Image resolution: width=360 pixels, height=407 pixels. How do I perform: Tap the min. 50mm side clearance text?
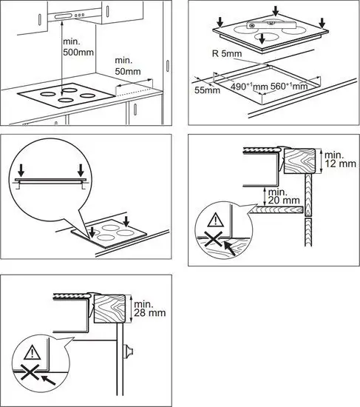128,66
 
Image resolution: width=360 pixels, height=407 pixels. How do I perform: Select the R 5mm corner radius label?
227,54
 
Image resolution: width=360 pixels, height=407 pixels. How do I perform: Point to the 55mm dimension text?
207,90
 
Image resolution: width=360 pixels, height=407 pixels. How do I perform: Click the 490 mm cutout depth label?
249,87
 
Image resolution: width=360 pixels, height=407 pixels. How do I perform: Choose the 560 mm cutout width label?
289,86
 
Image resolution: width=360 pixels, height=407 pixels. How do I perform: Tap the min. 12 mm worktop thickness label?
340,159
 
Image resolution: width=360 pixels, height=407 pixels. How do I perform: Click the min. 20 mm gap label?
284,196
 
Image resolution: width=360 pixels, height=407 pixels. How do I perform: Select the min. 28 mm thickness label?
149,309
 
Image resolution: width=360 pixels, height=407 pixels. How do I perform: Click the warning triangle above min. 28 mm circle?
33,352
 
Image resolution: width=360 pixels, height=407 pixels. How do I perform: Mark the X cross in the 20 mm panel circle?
214,239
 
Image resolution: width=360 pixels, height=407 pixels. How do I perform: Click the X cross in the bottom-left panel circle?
30,372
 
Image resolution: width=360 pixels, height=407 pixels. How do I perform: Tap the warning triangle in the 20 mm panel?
216,220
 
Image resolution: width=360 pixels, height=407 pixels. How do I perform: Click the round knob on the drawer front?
128,351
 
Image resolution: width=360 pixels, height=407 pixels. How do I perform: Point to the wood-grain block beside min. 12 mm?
300,161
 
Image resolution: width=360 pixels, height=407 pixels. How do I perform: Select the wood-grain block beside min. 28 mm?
110,309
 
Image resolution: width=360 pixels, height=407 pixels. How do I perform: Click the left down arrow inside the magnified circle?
21,170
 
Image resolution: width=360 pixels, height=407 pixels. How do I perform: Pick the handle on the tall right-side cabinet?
168,66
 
